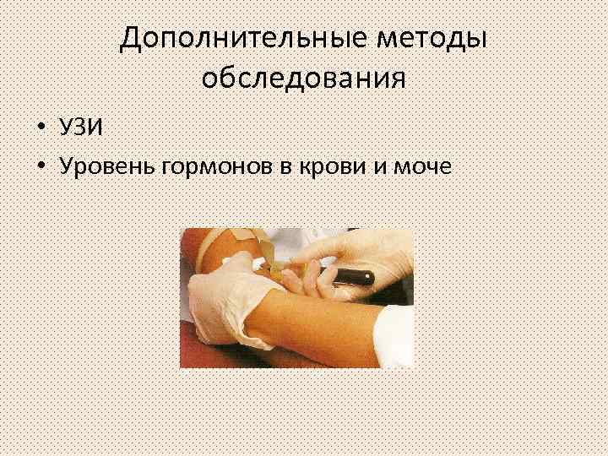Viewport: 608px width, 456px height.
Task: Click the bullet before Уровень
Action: (x=41, y=166)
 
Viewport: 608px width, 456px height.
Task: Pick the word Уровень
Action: (x=103, y=166)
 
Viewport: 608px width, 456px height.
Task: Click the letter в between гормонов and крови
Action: (x=285, y=166)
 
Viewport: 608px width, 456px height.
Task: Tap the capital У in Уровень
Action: (x=68, y=166)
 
